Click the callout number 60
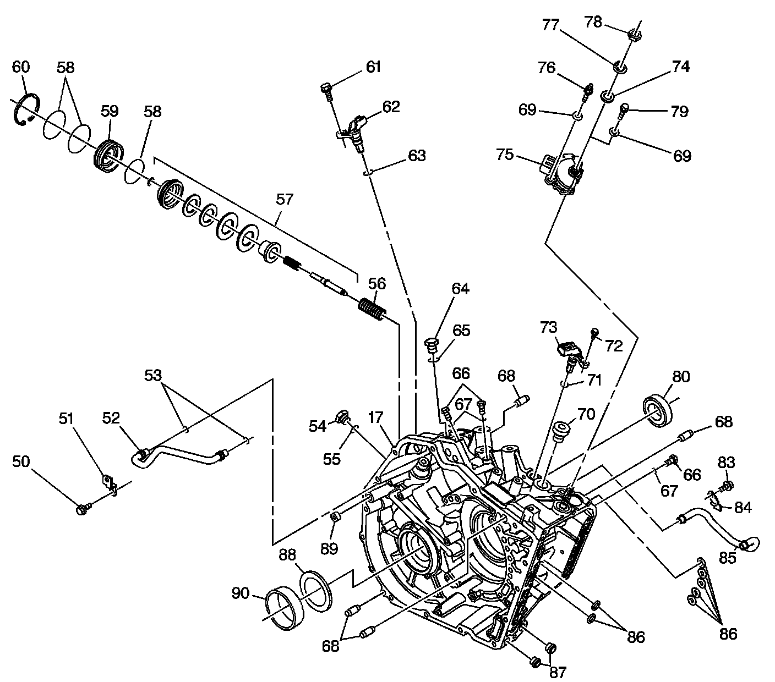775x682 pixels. click(21, 67)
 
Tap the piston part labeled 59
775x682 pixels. click(109, 155)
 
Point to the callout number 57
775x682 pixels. click(285, 199)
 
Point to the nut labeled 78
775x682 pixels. click(634, 35)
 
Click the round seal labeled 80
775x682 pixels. click(658, 409)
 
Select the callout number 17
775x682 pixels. click(375, 419)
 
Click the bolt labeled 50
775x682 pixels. click(82, 510)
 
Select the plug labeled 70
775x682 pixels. click(561, 430)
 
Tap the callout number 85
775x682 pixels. click(728, 558)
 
